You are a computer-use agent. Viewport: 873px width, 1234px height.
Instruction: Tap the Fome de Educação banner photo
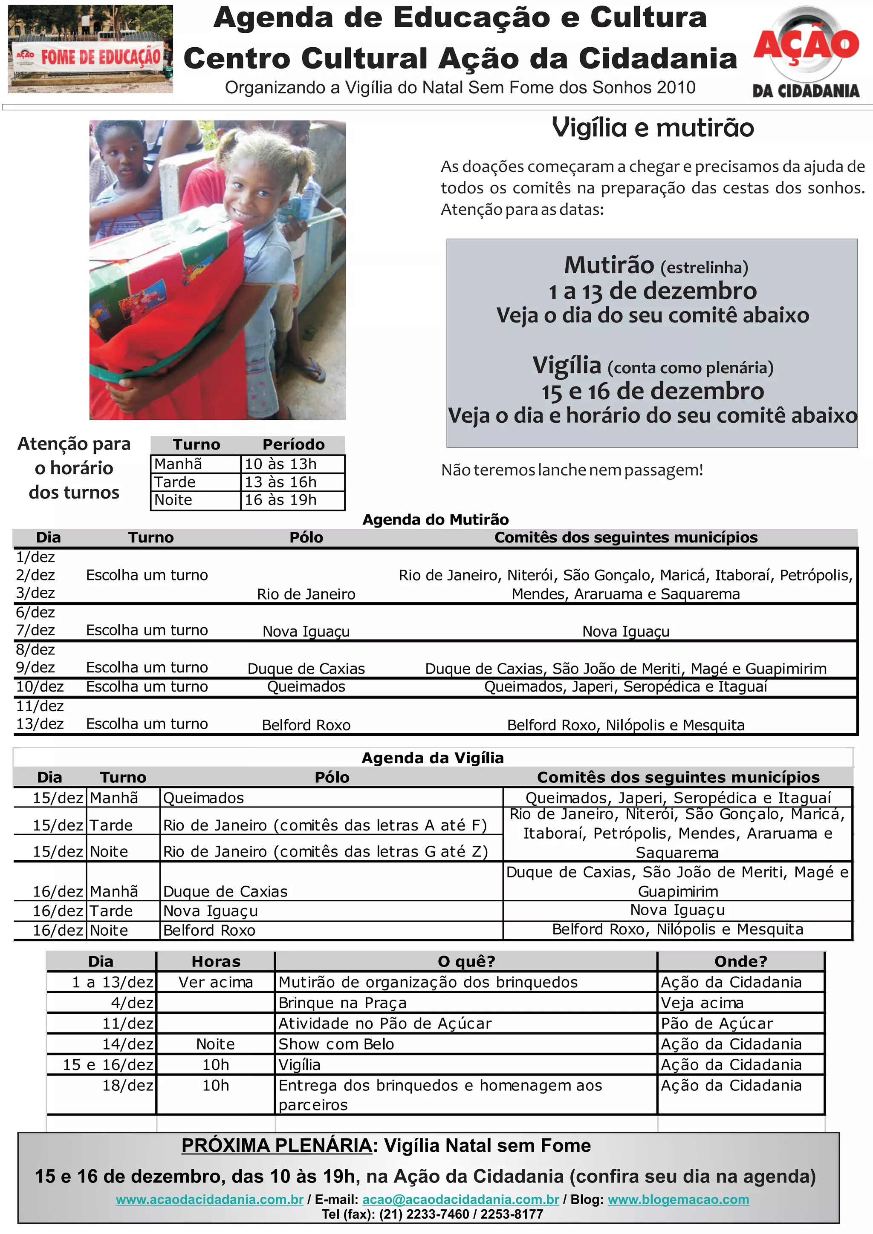click(90, 49)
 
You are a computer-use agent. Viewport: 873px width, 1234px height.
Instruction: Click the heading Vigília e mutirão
click(653, 128)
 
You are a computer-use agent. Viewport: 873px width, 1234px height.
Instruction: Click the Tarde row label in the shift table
click(175, 482)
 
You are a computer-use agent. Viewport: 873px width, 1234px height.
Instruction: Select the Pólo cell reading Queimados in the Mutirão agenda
click(306, 686)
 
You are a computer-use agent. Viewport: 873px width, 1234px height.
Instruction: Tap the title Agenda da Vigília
click(433, 758)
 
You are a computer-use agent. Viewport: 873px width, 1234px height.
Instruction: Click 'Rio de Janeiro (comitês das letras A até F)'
click(325, 825)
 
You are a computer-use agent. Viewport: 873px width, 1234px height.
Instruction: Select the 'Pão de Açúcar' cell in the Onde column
click(717, 1024)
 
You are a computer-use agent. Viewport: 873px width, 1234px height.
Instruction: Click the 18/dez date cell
click(128, 1085)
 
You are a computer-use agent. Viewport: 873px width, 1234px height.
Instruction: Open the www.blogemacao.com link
click(678, 1199)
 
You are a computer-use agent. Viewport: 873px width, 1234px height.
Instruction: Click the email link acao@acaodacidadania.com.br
click(461, 1199)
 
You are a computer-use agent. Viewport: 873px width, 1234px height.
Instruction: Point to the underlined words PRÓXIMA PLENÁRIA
click(276, 1146)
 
